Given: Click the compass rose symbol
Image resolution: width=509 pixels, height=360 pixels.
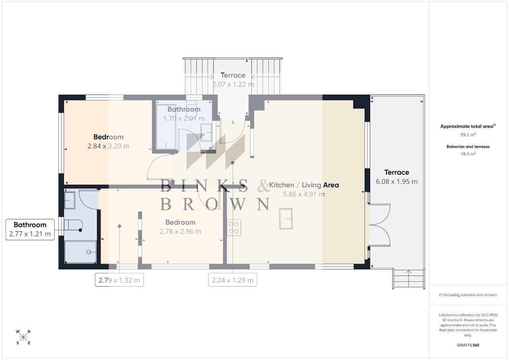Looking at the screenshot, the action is pyautogui.click(x=23, y=337).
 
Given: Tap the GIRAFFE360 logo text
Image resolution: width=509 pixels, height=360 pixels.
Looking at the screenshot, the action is pyautogui.click(x=468, y=345).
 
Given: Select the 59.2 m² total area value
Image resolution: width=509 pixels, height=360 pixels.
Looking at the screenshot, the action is pyautogui.click(x=468, y=135).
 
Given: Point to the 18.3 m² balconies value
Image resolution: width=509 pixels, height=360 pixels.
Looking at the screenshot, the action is pyautogui.click(x=468, y=154).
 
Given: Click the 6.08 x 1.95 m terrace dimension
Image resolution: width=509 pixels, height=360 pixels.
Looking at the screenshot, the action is pyautogui.click(x=396, y=182).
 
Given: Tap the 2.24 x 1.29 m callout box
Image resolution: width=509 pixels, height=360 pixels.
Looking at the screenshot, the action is pyautogui.click(x=233, y=280).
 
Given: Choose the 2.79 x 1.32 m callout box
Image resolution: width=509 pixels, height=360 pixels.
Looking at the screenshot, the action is pyautogui.click(x=119, y=280).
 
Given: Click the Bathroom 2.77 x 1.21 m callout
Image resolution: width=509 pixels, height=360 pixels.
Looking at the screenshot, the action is pyautogui.click(x=30, y=230).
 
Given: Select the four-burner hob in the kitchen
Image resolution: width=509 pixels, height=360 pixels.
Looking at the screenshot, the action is pyautogui.click(x=234, y=228).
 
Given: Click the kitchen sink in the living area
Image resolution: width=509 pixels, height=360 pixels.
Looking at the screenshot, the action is pyautogui.click(x=286, y=219).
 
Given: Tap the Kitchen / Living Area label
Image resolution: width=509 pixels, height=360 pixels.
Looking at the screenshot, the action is pyautogui.click(x=304, y=185).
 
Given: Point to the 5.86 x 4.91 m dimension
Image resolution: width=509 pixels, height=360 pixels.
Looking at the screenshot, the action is pyautogui.click(x=304, y=194).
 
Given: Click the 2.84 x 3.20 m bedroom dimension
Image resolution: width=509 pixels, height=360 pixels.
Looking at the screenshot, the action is pyautogui.click(x=109, y=146).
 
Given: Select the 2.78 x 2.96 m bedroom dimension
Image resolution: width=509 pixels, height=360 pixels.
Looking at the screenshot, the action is pyautogui.click(x=180, y=232).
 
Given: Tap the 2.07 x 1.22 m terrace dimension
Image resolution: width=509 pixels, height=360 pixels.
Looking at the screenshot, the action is pyautogui.click(x=233, y=85).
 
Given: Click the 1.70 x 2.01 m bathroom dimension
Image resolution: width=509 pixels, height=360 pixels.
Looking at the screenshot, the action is pyautogui.click(x=184, y=118).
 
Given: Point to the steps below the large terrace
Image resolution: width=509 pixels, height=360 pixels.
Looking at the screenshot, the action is pyautogui.click(x=408, y=279).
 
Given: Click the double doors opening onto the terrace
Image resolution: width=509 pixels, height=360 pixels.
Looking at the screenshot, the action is pyautogui.click(x=379, y=225).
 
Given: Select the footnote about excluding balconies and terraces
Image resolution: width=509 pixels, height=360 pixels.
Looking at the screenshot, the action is pyautogui.click(x=468, y=295).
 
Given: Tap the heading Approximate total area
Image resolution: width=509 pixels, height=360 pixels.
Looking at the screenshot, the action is pyautogui.click(x=468, y=126).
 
